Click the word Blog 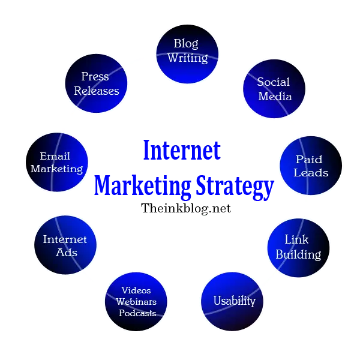click(186, 44)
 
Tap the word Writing click(187, 58)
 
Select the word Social click(273, 82)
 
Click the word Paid click(309, 159)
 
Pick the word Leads click(311, 173)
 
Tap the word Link click(296, 240)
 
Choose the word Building click(298, 254)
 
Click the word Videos click(136, 291)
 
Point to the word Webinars click(136, 302)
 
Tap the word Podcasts click(137, 313)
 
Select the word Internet click(65, 239)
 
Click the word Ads click(67, 253)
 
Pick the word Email click(55, 157)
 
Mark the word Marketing click(56, 169)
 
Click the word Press click(95, 77)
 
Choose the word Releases click(97, 91)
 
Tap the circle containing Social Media click(274, 89)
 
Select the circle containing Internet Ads click(65, 245)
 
